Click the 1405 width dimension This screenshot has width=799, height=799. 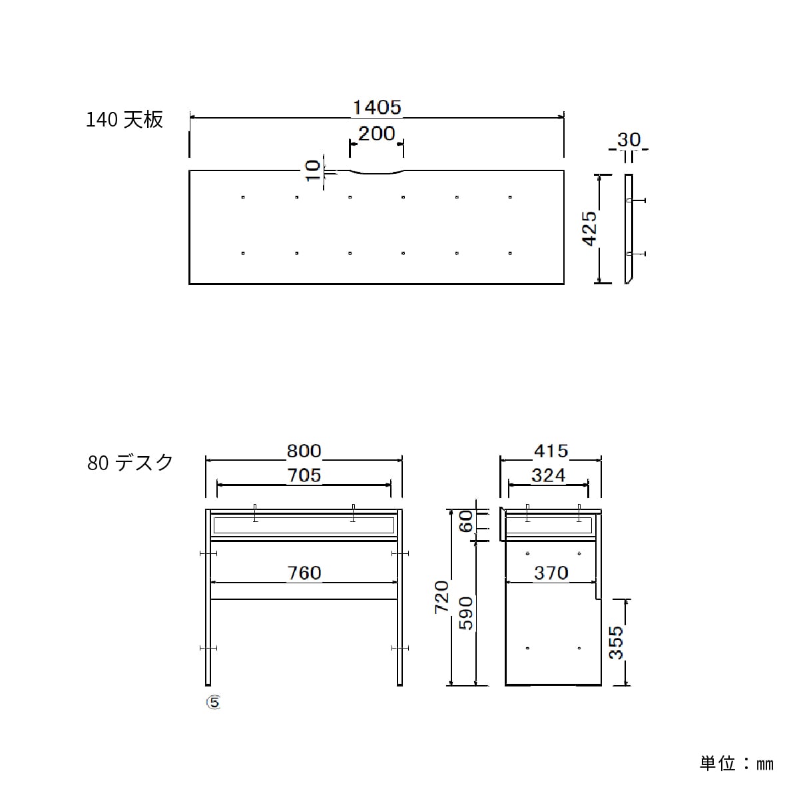pyautogui.click(x=377, y=107)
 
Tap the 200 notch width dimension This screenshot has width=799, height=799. pyautogui.click(x=376, y=134)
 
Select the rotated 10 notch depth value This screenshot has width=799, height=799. pyautogui.click(x=312, y=170)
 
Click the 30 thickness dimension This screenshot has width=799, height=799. pyautogui.click(x=629, y=140)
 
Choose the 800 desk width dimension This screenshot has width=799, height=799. pyautogui.click(x=304, y=451)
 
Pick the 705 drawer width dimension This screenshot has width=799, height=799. pyautogui.click(x=304, y=475)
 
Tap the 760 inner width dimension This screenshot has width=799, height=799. pyautogui.click(x=304, y=573)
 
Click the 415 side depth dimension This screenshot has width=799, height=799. pyautogui.click(x=551, y=451)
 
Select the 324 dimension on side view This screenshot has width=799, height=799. pyautogui.click(x=549, y=475)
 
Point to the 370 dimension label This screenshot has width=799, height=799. pyautogui.click(x=551, y=573)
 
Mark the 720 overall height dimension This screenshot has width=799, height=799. pyautogui.click(x=442, y=597)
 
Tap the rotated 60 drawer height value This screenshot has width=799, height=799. pyautogui.click(x=466, y=521)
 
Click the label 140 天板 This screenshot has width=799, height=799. pyautogui.click(x=125, y=120)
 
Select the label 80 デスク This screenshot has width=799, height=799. pyautogui.click(x=131, y=462)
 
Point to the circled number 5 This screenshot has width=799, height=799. pyautogui.click(x=213, y=702)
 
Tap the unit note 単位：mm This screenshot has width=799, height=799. pyautogui.click(x=736, y=763)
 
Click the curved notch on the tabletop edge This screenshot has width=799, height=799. pyautogui.click(x=376, y=174)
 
